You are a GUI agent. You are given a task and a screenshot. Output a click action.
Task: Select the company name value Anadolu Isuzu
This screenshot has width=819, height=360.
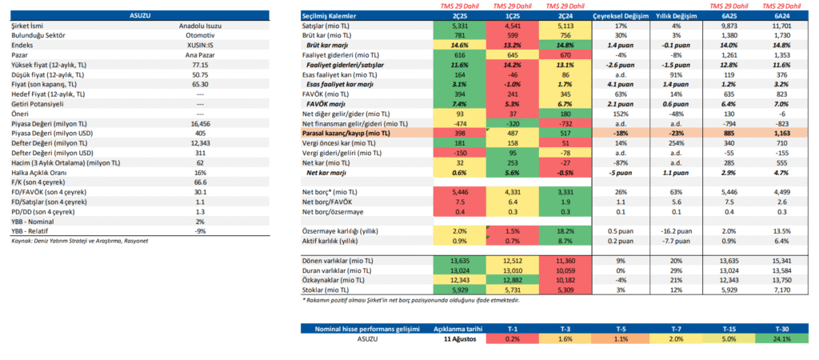[x=200, y=26]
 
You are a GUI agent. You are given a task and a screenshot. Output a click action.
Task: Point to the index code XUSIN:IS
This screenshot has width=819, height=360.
[x=200, y=46]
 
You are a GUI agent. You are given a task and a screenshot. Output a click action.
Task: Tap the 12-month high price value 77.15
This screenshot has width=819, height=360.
[x=200, y=64]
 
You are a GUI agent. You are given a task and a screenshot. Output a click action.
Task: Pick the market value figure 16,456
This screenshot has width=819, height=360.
[x=200, y=125]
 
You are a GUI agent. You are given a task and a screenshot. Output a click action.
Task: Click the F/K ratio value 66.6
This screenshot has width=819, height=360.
[x=200, y=182]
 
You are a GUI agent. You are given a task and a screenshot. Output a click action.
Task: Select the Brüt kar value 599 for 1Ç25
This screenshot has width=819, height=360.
[x=513, y=36]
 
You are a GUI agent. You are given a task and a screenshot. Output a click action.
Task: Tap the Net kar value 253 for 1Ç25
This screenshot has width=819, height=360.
[x=513, y=162]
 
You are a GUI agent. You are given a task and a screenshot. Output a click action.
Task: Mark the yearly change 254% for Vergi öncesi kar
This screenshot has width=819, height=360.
[x=674, y=143]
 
